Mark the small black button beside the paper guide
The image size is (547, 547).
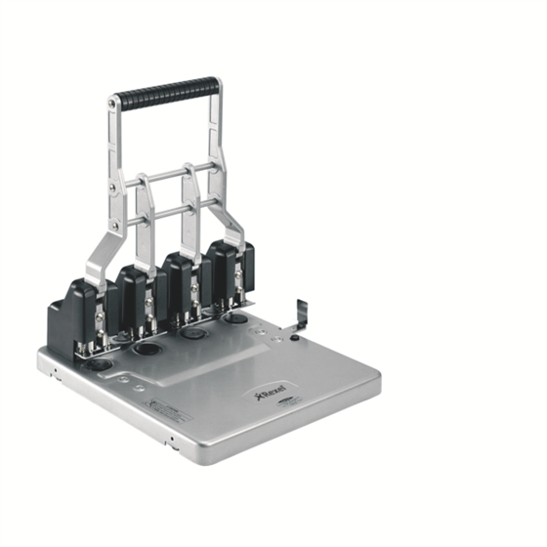click(x=294, y=339)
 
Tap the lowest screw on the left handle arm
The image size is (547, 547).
click(x=114, y=224)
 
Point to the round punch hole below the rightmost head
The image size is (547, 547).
click(x=234, y=317)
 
